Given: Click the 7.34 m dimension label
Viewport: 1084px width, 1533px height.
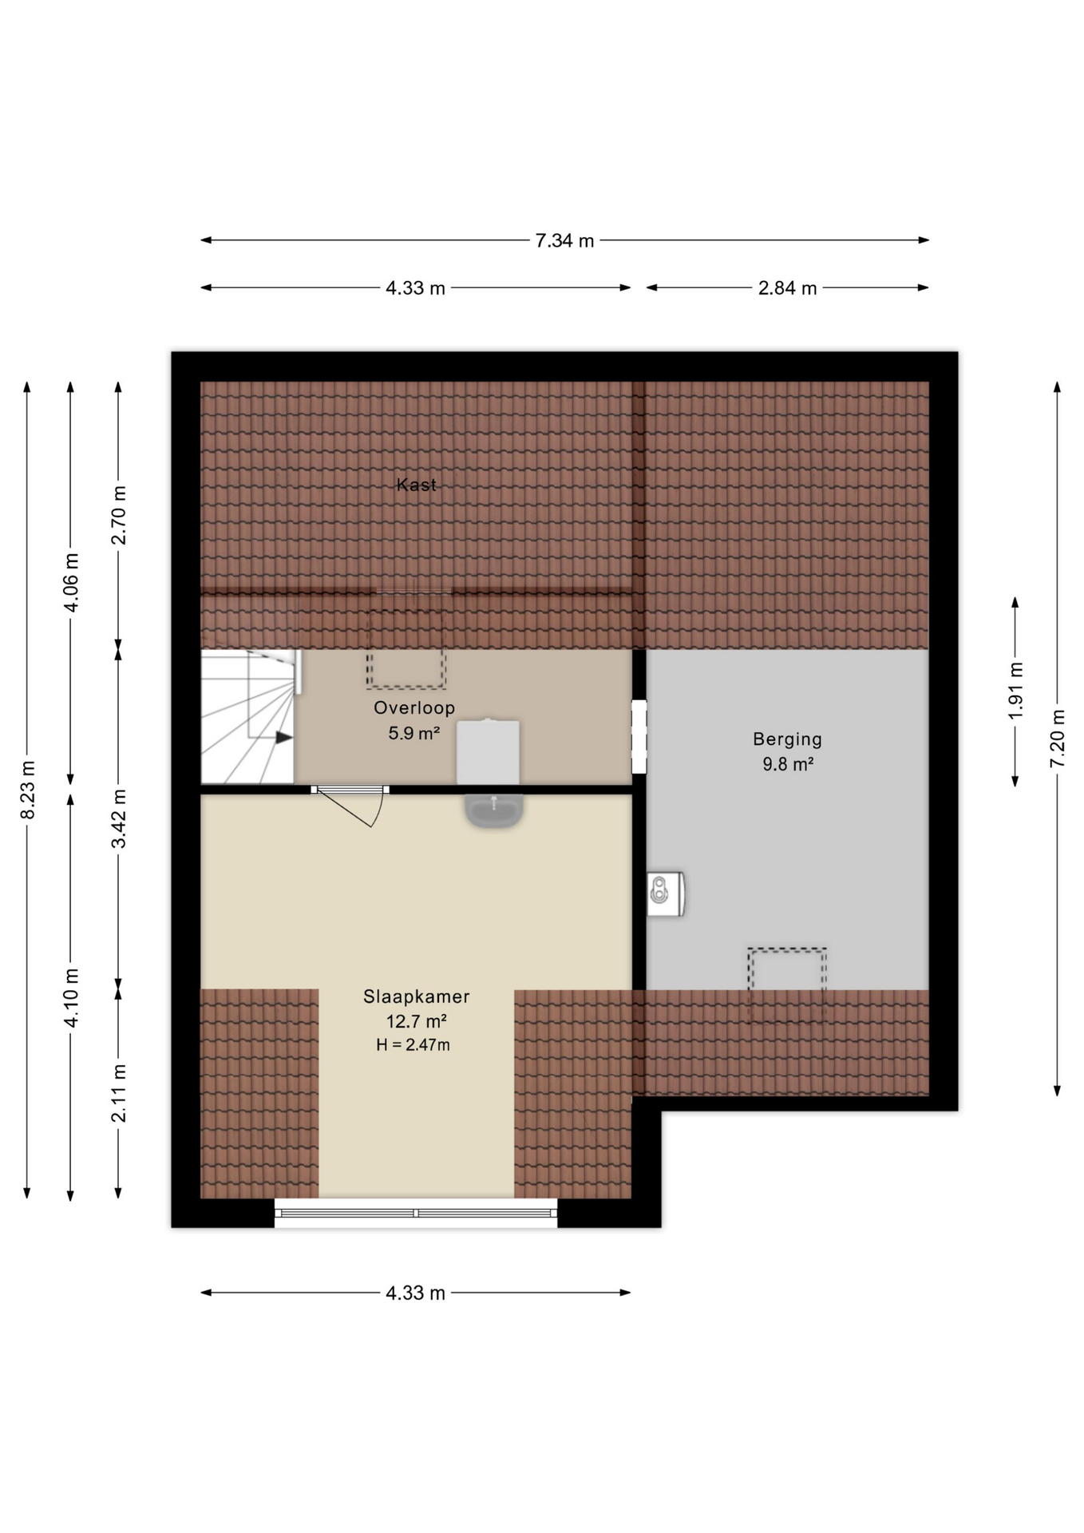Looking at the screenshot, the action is (564, 240).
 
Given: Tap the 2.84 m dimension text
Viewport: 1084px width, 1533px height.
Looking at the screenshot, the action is (787, 288).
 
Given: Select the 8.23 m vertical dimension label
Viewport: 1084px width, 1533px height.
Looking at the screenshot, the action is (28, 789).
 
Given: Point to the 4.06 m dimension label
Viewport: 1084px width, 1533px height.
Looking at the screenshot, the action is (71, 582).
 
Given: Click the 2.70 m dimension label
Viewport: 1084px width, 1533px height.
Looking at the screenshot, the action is (119, 515).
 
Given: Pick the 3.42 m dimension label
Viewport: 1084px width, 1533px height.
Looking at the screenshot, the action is (119, 818).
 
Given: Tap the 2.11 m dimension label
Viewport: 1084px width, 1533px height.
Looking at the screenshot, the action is (119, 1093).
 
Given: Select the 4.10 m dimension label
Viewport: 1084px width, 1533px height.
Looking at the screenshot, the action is (71, 997).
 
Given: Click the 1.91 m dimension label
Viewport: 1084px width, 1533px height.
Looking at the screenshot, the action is (1015, 691).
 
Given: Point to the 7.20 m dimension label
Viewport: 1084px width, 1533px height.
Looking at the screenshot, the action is (1058, 739).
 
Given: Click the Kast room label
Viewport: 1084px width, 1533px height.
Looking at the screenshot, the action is (417, 485).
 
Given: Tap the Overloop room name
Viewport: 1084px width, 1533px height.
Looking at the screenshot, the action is (414, 707).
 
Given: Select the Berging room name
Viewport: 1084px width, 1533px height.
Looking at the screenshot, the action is (787, 739).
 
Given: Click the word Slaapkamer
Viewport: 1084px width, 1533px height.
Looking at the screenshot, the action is (417, 996).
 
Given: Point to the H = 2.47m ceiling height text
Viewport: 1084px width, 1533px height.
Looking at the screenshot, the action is (413, 1044).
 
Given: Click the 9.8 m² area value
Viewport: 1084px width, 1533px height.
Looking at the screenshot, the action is (787, 764).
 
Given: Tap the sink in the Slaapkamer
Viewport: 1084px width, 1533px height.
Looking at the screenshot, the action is (494, 810).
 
